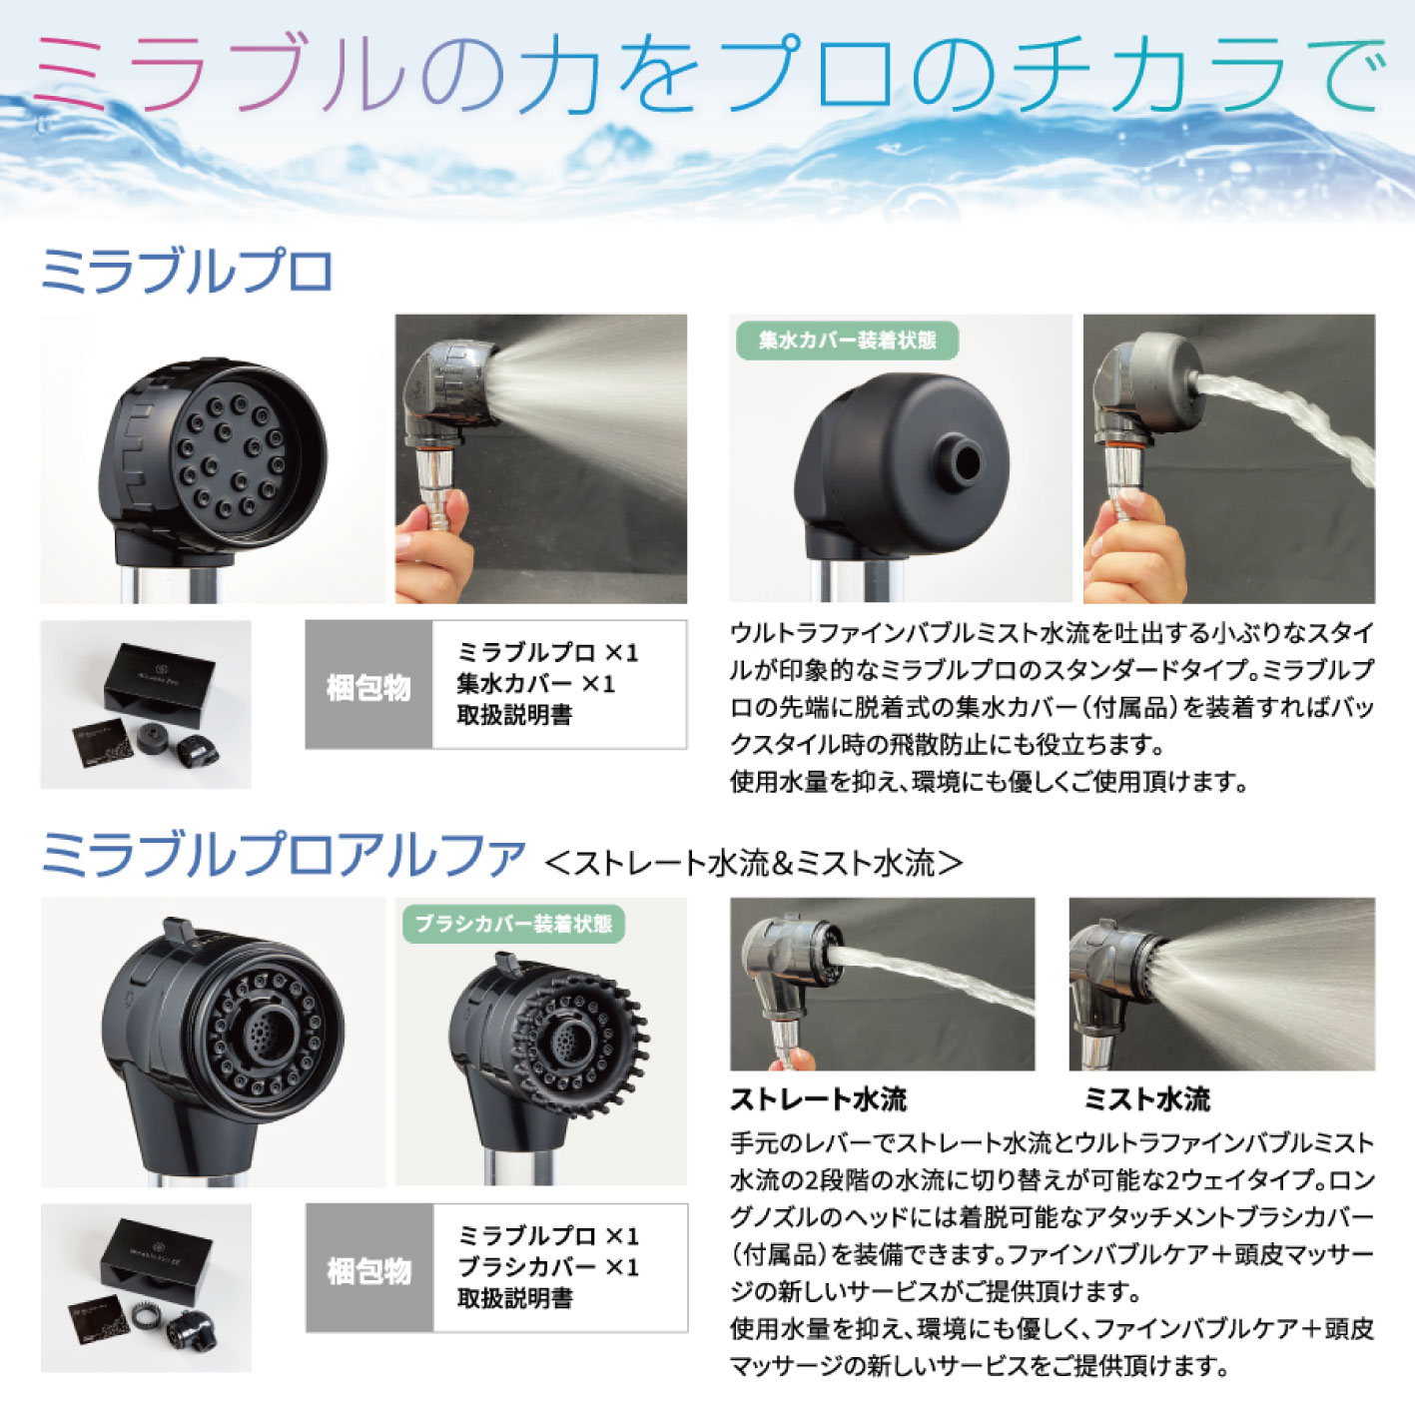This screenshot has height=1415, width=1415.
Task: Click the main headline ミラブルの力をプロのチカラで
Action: pos(707,75)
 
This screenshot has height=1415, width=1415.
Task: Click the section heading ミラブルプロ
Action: pos(187,271)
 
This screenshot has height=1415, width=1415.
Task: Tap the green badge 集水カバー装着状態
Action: pos(847,341)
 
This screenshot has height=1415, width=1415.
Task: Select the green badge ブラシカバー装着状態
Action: pos(513,924)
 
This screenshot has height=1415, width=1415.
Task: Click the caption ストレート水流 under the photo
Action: pos(818,1099)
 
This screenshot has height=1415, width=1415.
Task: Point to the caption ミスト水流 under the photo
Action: pos(1146,1099)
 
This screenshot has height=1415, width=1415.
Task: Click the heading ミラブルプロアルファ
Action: pos(283,856)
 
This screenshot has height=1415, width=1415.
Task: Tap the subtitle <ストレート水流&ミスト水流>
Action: pos(754,862)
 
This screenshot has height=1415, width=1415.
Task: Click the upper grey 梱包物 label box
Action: pos(368,686)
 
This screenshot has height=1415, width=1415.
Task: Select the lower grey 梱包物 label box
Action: pos(369,1269)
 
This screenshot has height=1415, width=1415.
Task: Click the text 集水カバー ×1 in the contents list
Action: pos(536,684)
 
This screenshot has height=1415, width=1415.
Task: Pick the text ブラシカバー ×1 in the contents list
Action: pos(547,1267)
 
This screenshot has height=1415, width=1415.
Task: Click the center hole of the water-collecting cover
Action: pos(965,460)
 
